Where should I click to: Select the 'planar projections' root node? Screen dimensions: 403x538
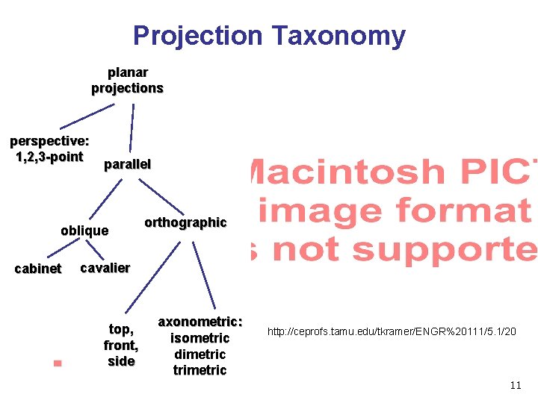[x=128, y=81]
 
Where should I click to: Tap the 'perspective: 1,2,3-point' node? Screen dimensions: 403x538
[x=49, y=149]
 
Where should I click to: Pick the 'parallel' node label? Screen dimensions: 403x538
[x=127, y=164]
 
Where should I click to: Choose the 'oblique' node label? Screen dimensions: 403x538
[x=84, y=231]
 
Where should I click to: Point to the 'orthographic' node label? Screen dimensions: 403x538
[x=185, y=222]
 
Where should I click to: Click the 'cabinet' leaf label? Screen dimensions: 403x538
[x=38, y=269]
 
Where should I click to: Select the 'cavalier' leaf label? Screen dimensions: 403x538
[x=105, y=268]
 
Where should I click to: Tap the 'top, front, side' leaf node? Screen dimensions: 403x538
[x=121, y=346]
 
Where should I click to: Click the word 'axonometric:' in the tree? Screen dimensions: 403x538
[x=200, y=322]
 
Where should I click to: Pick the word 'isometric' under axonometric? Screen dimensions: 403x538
[x=200, y=338]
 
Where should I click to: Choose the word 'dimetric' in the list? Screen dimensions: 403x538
[x=200, y=354]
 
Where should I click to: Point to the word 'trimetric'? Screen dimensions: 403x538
[x=200, y=370]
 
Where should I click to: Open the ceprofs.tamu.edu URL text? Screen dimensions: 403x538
[x=392, y=331]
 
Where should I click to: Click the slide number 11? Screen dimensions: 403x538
[x=515, y=385]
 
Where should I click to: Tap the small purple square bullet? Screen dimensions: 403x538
[x=58, y=364]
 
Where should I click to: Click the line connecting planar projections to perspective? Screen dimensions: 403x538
[x=87, y=116]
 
